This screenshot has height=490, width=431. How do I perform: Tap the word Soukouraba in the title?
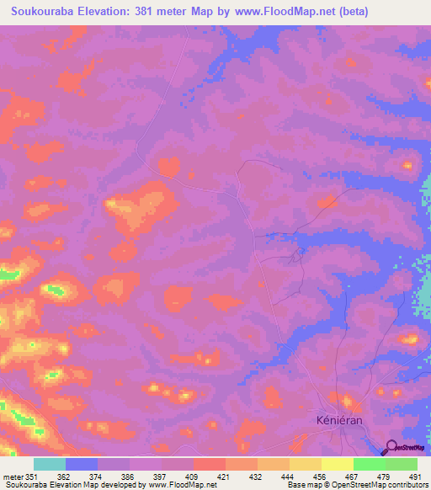tap(47, 13)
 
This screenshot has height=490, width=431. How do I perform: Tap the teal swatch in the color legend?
tap(50, 464)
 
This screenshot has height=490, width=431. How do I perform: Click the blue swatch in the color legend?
tap(82, 464)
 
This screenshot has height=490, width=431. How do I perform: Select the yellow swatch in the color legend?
tap(337, 464)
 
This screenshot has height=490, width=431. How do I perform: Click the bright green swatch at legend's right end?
tap(401, 464)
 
